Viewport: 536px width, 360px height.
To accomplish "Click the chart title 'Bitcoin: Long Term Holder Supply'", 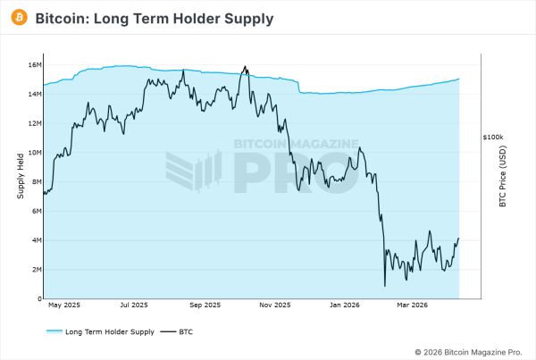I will click(154, 18).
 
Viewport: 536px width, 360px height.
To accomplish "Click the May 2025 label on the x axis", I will click(63, 306).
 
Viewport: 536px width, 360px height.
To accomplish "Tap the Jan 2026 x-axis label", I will click(346, 306).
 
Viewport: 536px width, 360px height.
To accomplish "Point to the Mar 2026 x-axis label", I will click(412, 306).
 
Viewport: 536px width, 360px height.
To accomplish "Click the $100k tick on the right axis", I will click(493, 138).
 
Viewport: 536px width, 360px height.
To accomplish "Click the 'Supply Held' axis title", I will click(21, 176).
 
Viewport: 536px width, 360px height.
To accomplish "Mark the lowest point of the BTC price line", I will click(385, 286).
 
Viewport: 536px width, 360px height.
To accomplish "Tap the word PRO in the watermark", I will click(296, 172).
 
